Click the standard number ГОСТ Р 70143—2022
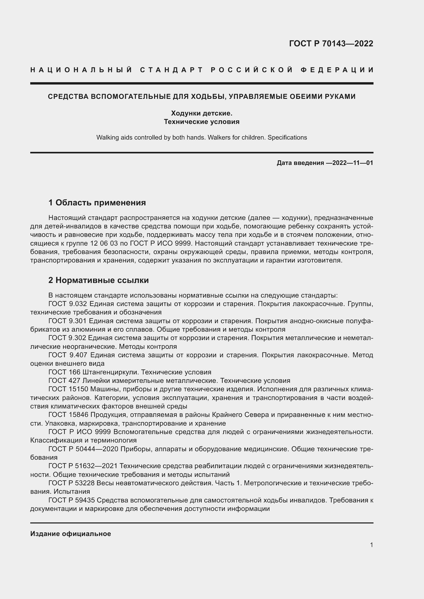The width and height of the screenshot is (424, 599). (331, 43)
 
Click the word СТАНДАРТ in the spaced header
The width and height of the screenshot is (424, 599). (171, 70)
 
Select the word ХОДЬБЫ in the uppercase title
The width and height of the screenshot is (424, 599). (207, 97)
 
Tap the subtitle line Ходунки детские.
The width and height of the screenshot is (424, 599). (201, 113)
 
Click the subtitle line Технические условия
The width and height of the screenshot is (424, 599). (201, 122)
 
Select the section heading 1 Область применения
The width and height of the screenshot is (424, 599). (97, 203)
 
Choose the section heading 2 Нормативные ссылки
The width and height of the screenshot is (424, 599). (98, 280)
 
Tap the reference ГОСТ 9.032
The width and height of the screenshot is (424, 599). (67, 304)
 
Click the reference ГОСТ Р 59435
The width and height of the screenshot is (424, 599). (72, 500)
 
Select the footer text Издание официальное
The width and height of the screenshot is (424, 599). (70, 534)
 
